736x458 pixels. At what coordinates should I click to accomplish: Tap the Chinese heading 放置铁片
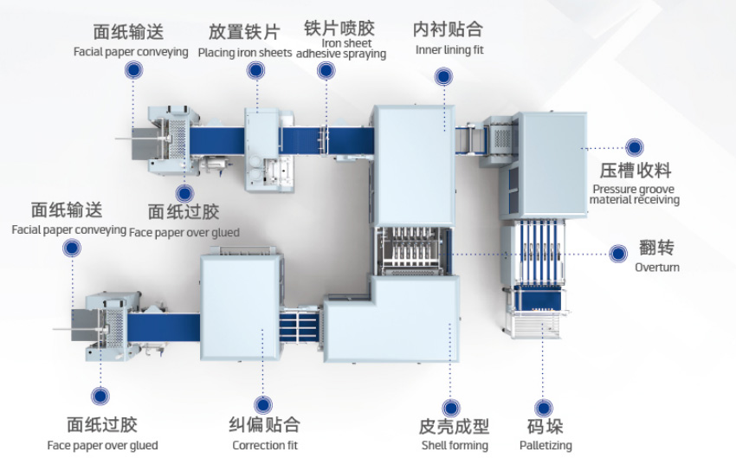click(244, 32)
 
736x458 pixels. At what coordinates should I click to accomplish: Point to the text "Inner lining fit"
click(449, 49)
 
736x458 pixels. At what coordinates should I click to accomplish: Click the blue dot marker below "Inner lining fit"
click(442, 77)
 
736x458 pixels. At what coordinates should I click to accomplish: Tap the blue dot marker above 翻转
click(618, 254)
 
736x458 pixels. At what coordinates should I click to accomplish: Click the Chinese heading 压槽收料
click(636, 169)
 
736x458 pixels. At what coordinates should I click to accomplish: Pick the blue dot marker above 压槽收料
click(635, 147)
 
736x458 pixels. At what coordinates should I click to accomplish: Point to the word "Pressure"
click(614, 189)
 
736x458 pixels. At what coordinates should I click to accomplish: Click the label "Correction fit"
click(265, 445)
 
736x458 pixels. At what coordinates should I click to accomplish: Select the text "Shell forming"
click(455, 445)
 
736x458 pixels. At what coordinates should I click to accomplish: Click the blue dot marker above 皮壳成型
click(449, 407)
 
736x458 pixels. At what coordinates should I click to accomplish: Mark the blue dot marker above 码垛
click(543, 407)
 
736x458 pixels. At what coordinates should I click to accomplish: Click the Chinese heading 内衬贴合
click(449, 30)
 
